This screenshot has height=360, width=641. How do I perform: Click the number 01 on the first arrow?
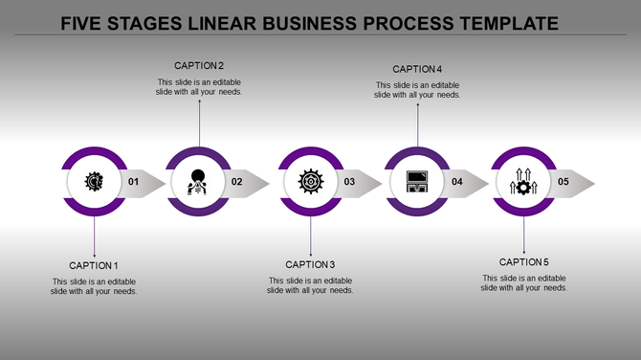point(133,182)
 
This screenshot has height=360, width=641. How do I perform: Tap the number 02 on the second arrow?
point(237,182)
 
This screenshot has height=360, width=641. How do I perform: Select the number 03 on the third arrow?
point(349,182)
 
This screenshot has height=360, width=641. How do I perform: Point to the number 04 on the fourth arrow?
point(456,182)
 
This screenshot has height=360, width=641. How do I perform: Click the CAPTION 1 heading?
point(94,265)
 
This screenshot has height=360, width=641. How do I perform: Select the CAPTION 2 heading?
point(199,66)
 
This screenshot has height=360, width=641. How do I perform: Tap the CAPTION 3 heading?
point(310,264)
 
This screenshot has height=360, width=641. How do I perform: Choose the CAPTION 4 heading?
point(417,69)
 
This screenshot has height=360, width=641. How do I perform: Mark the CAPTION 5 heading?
point(524,262)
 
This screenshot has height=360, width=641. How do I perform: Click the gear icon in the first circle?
point(94,180)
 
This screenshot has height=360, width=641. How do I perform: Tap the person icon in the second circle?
point(199,180)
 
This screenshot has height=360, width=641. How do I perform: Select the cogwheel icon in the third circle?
point(310,180)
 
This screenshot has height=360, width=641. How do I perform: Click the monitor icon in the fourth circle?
point(417,180)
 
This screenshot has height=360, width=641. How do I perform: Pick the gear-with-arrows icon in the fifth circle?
point(523,180)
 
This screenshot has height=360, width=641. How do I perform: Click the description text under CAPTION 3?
point(310,285)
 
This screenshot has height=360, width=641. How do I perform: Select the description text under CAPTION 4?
point(417,90)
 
